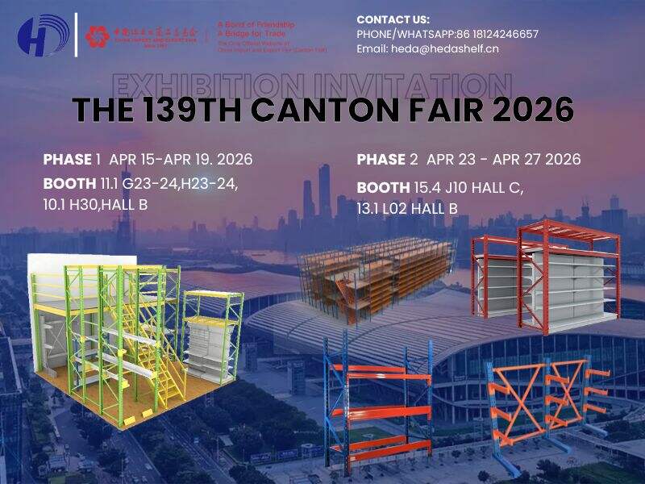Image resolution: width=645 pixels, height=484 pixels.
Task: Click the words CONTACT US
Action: coord(393,19)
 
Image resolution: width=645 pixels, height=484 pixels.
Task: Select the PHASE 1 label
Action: coord(72,159)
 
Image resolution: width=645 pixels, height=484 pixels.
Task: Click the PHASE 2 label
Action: coord(387,159)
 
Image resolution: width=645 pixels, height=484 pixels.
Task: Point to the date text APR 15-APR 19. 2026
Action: coord(181,159)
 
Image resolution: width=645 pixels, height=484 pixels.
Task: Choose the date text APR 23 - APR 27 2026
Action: coord(503,159)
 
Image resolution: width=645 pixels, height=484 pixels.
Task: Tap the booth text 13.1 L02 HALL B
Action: coord(407,209)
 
